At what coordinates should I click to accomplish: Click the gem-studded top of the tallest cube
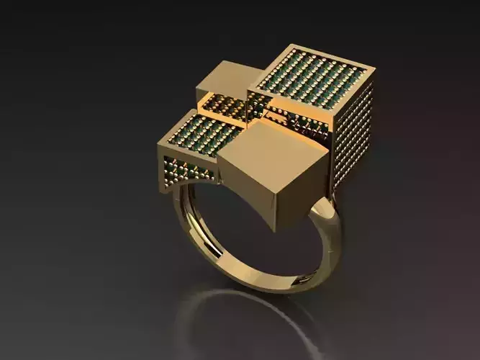pyautogui.click(x=311, y=81)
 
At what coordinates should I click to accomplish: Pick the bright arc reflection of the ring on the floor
pyautogui.click(x=237, y=306)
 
